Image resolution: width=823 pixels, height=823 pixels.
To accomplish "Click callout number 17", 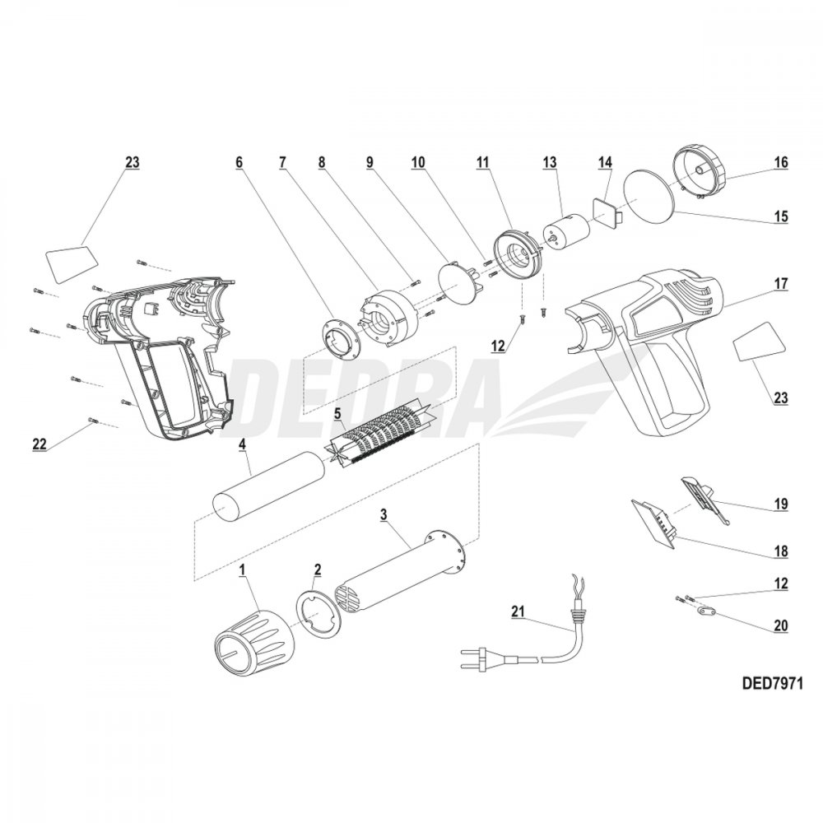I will (x=780, y=284).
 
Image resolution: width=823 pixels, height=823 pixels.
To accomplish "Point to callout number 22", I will (x=39, y=444).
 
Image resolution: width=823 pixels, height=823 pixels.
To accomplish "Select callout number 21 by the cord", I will (x=517, y=610).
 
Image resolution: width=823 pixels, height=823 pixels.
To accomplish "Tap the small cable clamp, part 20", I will (x=702, y=611).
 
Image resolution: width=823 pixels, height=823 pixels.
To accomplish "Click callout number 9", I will (x=370, y=163).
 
